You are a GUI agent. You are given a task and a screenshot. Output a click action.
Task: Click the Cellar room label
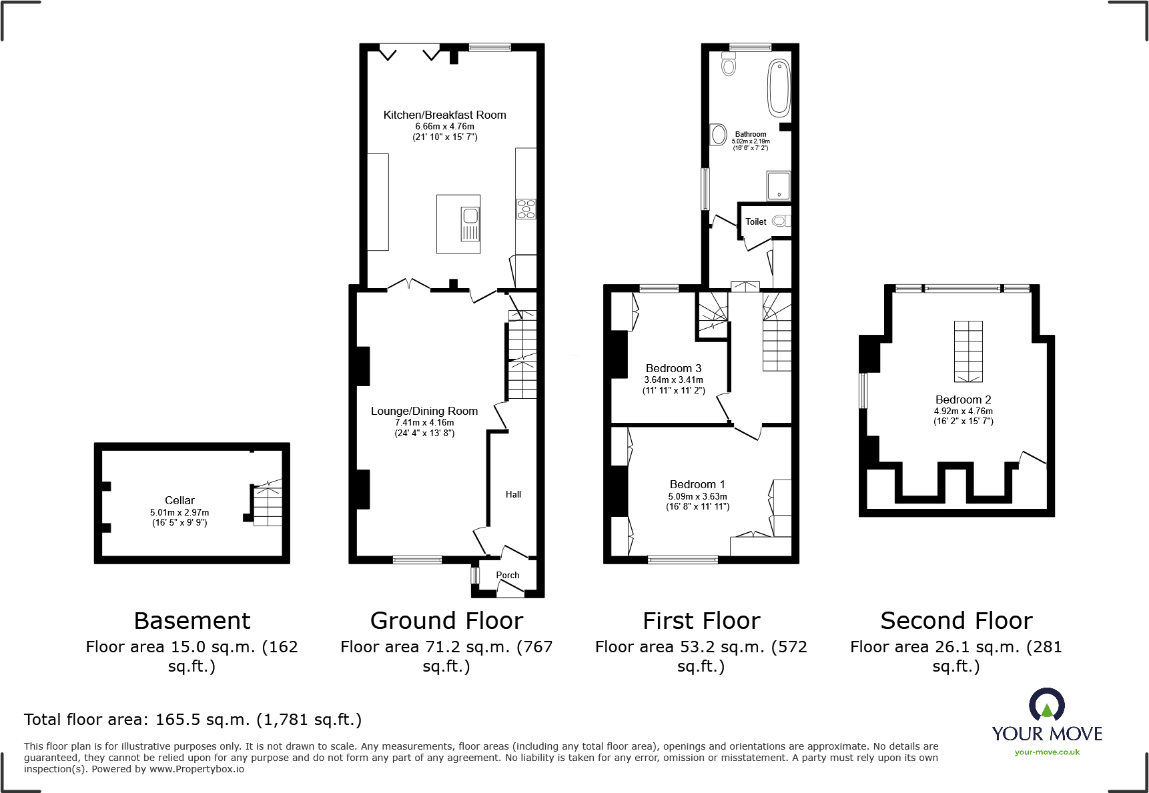tap(179, 500)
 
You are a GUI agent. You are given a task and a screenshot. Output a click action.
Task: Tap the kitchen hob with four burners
tap(526, 209)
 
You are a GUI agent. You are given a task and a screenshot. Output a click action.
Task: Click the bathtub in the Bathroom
tap(779, 88)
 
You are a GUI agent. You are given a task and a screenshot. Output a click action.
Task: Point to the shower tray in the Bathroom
tap(779, 186)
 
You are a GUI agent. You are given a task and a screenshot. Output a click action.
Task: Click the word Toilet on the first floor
tap(756, 222)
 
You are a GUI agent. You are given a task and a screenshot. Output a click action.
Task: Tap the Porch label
tap(508, 575)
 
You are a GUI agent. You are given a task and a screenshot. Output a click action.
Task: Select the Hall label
tap(513, 494)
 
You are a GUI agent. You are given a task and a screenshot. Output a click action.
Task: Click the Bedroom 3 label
tap(673, 368)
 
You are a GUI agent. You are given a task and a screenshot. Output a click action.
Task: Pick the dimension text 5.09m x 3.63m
tap(697, 496)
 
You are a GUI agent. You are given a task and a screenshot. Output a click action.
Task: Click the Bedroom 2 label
tap(963, 400)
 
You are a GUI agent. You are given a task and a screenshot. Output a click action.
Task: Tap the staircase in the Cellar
tap(268, 504)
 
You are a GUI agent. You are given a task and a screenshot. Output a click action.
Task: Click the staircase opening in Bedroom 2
tap(968, 351)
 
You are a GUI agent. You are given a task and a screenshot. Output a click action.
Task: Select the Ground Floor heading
tap(446, 621)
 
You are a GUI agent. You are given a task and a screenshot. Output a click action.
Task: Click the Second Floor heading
tap(956, 621)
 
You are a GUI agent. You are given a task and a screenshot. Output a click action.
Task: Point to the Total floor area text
tap(193, 720)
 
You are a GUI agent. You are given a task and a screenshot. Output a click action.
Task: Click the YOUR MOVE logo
tap(1047, 717)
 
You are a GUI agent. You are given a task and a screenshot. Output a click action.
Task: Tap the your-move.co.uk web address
tap(1047, 752)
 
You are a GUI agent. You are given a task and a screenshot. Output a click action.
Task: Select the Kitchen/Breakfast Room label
tap(444, 115)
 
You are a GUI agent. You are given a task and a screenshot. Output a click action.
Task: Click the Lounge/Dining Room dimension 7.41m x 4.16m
tap(424, 422)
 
